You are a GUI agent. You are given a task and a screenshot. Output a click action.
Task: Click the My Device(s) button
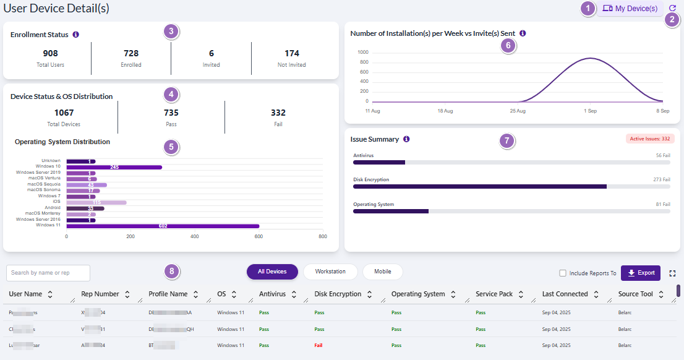pos(630,9)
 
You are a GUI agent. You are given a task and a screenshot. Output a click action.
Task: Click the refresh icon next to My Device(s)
pos(673,9)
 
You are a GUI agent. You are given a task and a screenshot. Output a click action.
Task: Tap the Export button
pos(641,273)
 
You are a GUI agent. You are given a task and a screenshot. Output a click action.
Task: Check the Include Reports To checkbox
pos(563,273)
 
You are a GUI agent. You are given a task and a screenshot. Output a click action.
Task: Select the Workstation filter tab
pos(330,272)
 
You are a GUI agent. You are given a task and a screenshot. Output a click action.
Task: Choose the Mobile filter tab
pos(382,272)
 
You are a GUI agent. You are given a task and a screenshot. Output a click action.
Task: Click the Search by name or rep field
pos(48,273)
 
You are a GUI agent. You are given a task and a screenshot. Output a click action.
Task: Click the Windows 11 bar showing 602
pos(163,226)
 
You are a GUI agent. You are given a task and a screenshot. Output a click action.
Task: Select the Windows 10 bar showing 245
pos(114,167)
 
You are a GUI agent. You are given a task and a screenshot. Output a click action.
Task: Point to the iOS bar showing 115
pos(96,202)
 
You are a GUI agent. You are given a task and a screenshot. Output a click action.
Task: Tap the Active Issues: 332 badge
pos(649,139)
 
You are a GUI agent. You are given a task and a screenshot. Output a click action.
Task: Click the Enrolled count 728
pos(131,54)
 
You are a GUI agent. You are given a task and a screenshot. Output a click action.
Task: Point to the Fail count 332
pos(278,113)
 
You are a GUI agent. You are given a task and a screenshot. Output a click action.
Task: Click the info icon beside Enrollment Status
pos(75,35)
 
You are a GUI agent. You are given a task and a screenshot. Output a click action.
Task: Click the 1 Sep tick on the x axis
pos(590,111)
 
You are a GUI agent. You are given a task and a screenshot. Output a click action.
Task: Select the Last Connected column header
pos(565,294)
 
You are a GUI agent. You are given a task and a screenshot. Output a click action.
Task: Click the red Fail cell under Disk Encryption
pos(318,346)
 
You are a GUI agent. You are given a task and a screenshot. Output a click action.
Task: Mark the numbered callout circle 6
pos(508,45)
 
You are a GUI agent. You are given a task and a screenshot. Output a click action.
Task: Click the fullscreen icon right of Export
pos(672,273)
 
